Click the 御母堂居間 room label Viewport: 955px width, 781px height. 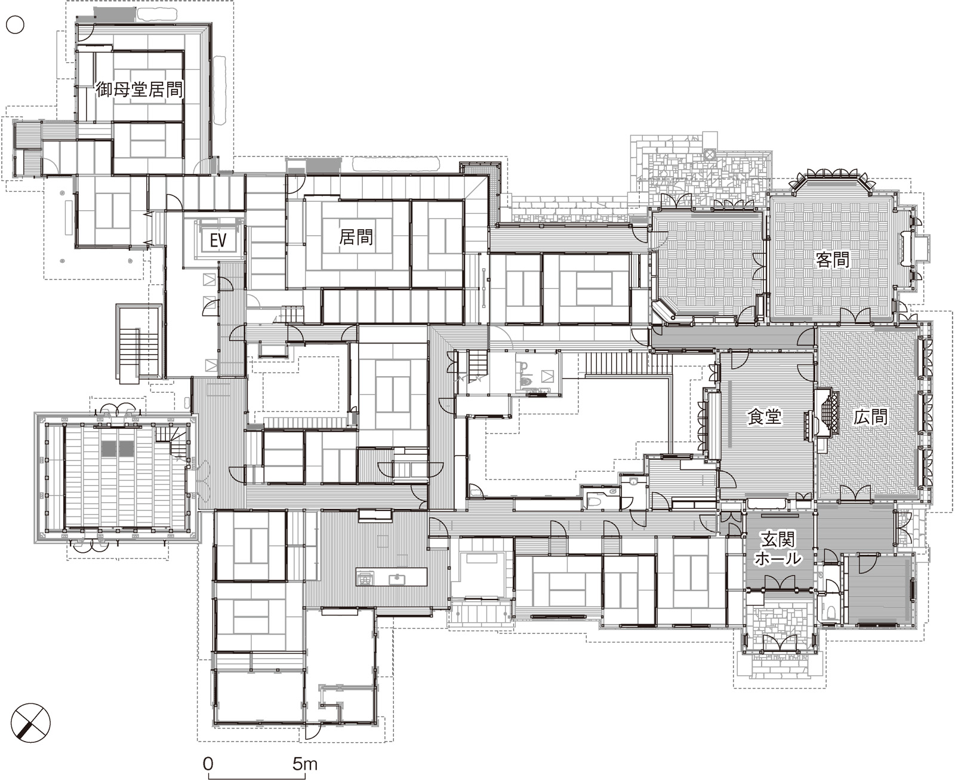(139, 90)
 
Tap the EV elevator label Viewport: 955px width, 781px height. (218, 240)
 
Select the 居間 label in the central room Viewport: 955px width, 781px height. (356, 237)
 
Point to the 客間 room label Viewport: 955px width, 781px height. (832, 260)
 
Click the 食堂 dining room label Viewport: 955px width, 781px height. (764, 417)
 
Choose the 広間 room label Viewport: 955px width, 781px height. (870, 417)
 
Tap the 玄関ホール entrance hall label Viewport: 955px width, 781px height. (778, 549)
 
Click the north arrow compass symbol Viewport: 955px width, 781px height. (31, 723)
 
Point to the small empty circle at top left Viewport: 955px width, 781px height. (15, 25)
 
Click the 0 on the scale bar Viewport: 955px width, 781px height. (208, 764)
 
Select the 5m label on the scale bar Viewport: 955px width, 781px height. (305, 764)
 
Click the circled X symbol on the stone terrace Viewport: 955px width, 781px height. (708, 155)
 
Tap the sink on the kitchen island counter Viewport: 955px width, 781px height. (397, 579)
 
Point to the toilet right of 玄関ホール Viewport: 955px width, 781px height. (831, 611)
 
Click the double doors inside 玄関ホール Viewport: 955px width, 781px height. (780, 582)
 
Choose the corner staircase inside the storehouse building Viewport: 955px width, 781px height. (172, 441)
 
